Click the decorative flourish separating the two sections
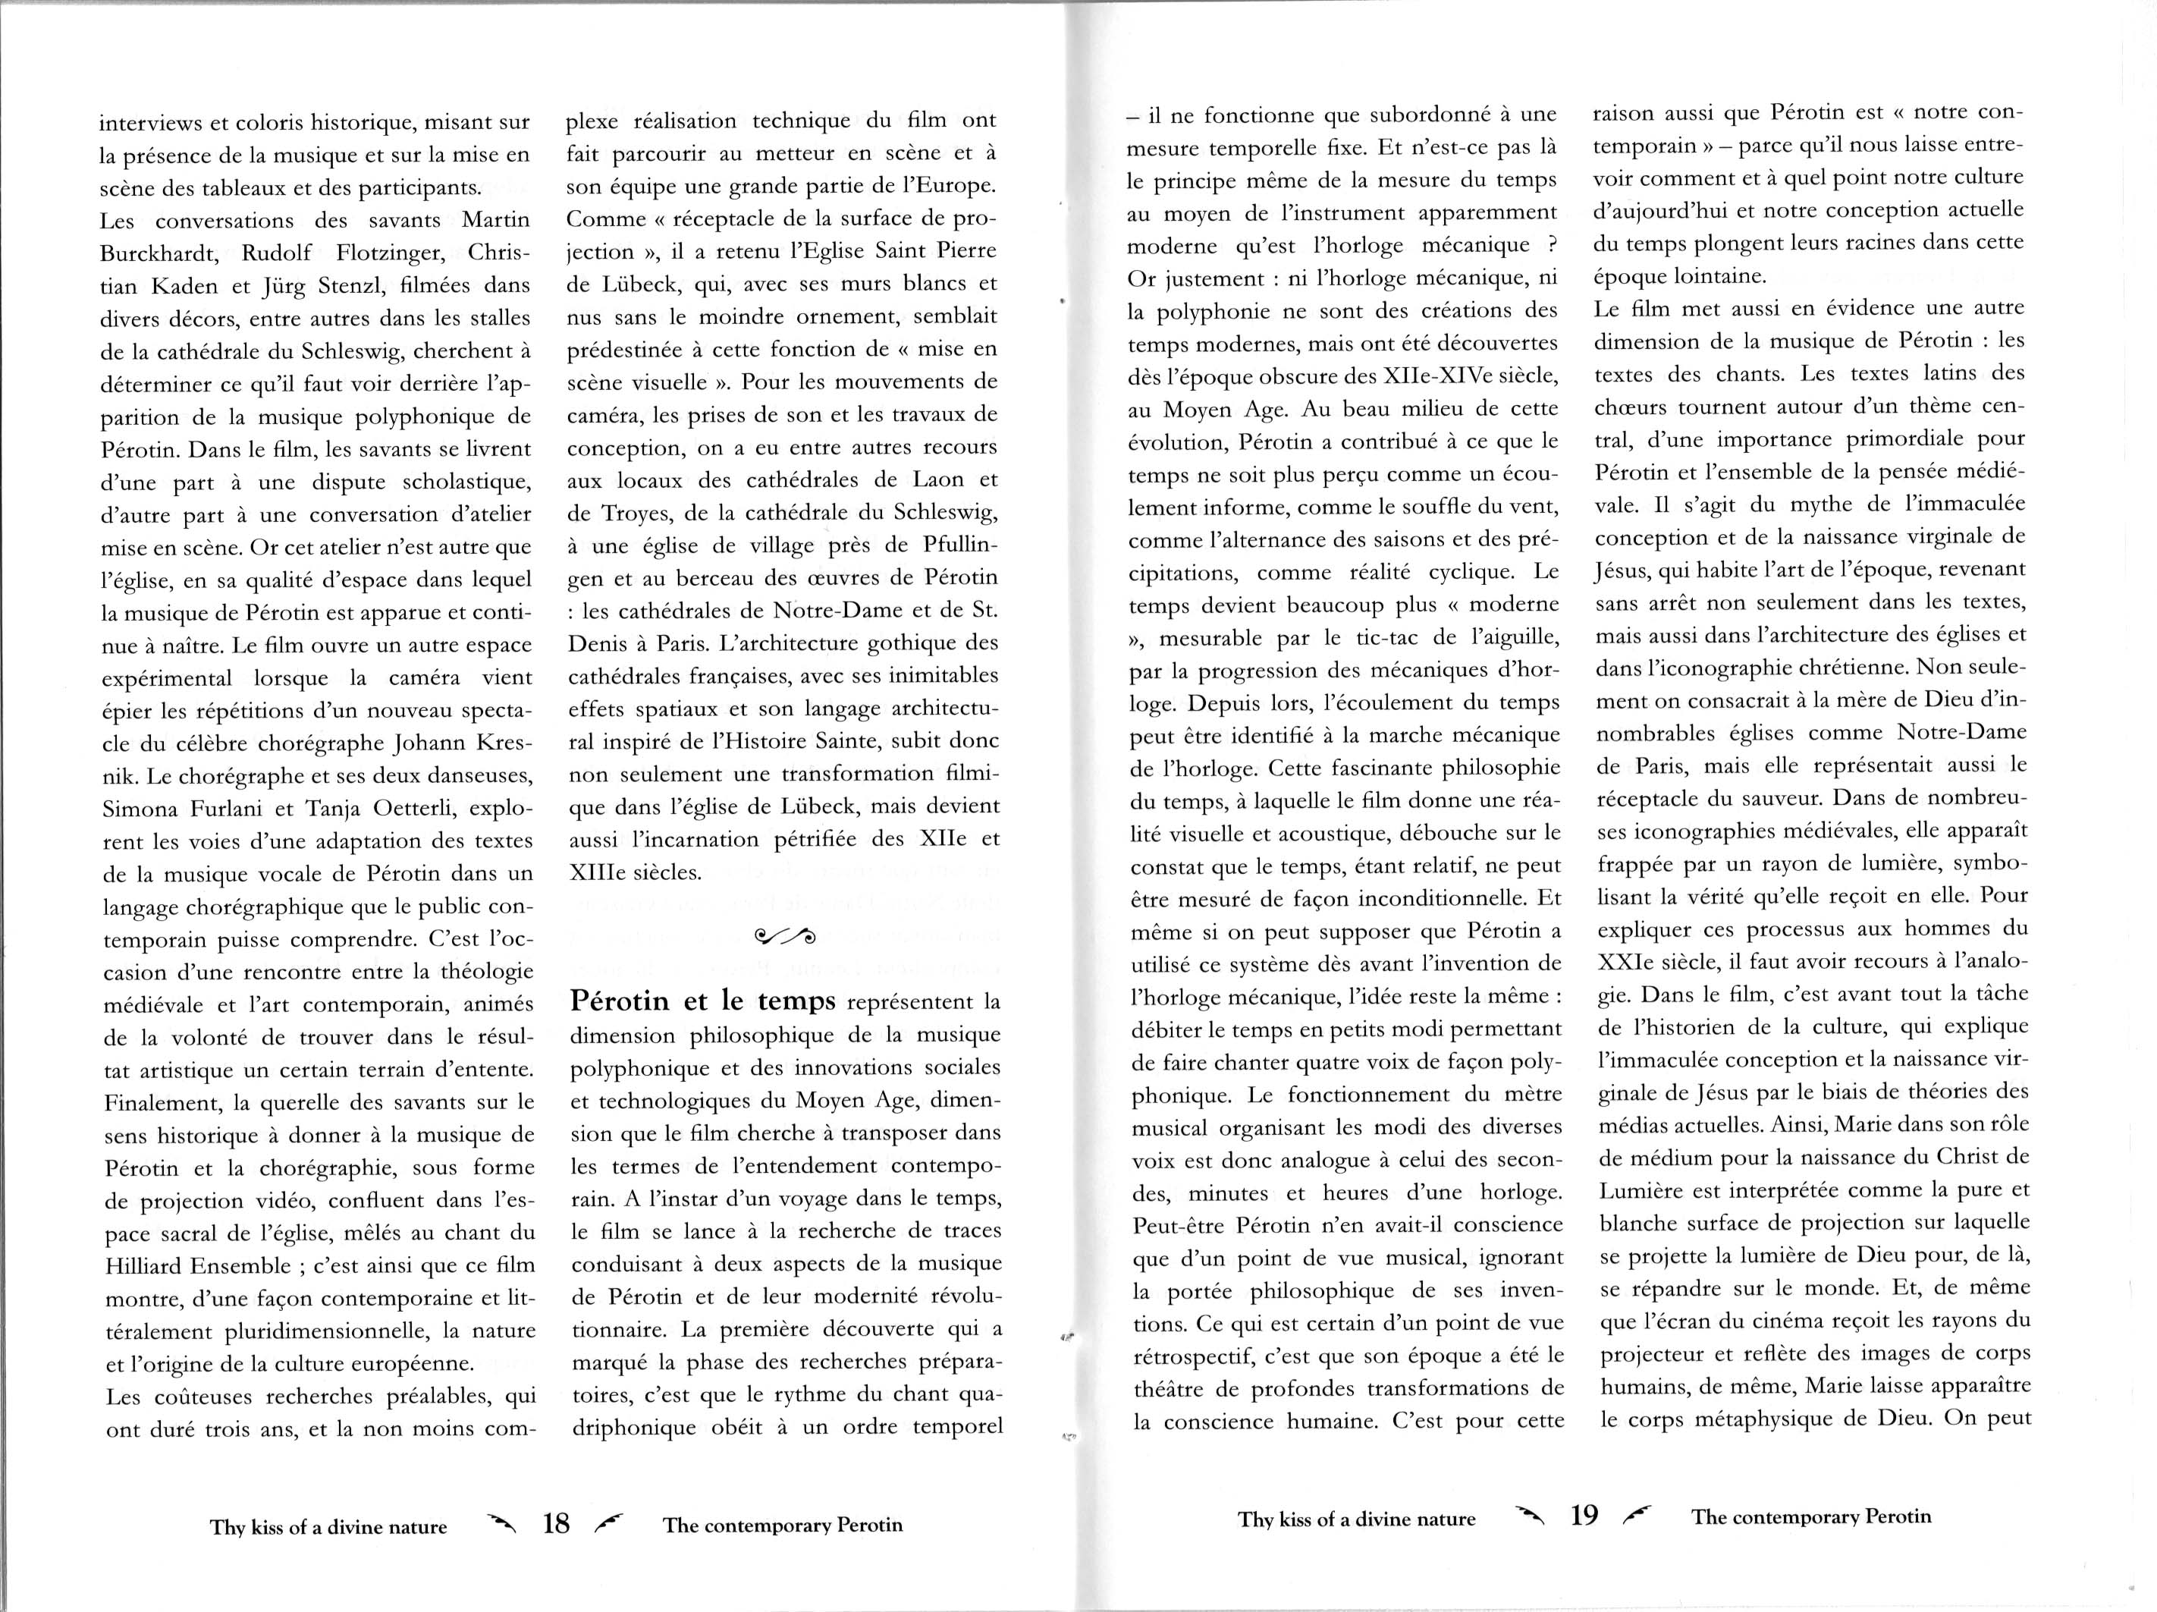point(785,938)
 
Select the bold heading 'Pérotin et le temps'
point(703,1001)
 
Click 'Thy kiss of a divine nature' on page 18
point(328,1527)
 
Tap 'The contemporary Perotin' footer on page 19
point(1812,1516)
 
